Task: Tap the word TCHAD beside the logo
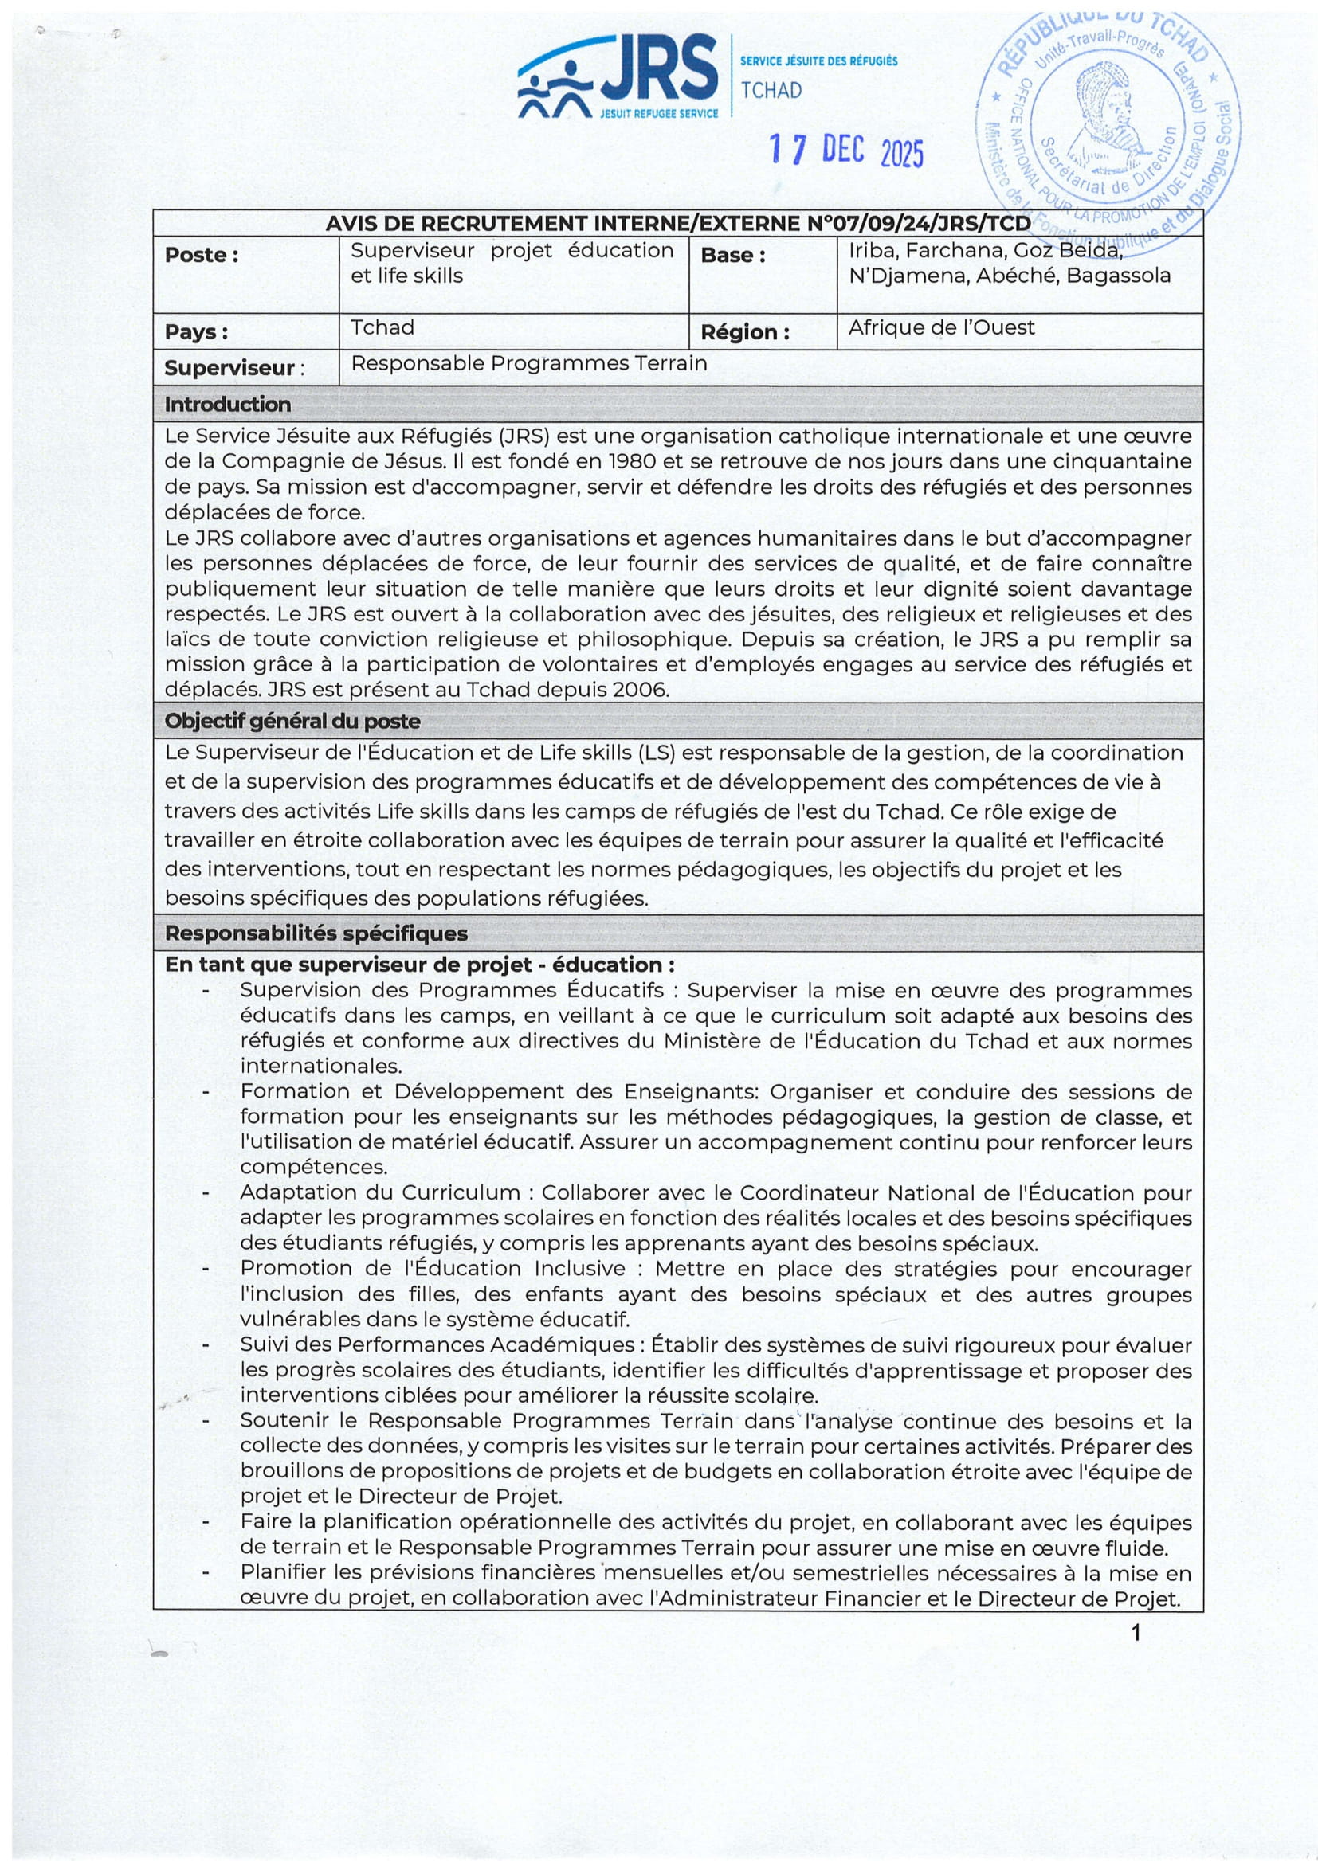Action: click(x=771, y=90)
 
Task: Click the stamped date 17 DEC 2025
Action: click(x=845, y=151)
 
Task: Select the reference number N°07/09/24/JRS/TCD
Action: click(x=919, y=223)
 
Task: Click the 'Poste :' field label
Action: click(x=202, y=255)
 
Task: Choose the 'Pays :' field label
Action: click(x=195, y=332)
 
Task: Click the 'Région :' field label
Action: click(x=744, y=332)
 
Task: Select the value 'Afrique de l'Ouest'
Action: click(x=941, y=328)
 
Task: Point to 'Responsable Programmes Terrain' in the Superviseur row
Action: click(x=528, y=363)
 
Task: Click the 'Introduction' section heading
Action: click(x=227, y=404)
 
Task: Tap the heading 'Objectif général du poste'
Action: click(x=292, y=721)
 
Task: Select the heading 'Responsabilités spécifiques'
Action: click(x=316, y=933)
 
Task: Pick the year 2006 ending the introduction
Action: click(x=641, y=690)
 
